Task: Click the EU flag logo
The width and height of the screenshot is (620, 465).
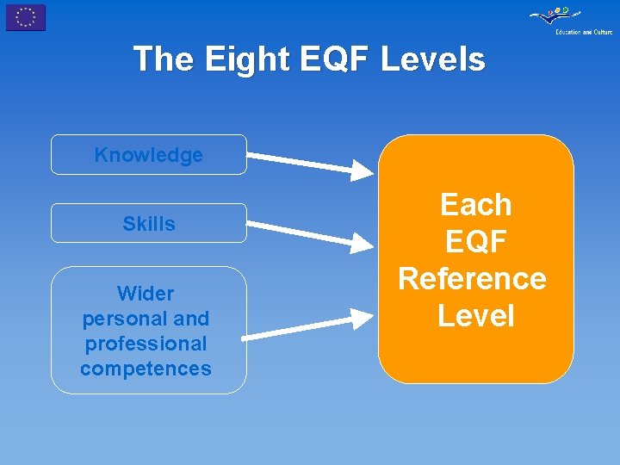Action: click(x=26, y=17)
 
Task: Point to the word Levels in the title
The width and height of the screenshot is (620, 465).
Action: click(x=433, y=59)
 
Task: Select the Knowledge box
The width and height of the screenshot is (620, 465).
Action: click(x=148, y=155)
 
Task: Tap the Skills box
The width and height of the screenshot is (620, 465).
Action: click(x=148, y=224)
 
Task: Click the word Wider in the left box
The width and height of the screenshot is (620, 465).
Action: click(x=146, y=294)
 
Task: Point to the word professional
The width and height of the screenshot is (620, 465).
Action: click(x=146, y=344)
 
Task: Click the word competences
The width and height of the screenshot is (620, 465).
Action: click(x=146, y=369)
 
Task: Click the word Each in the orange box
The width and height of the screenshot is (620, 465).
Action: click(x=475, y=205)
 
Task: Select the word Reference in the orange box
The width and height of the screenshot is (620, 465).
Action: click(x=472, y=279)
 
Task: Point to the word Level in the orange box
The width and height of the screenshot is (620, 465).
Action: click(x=475, y=316)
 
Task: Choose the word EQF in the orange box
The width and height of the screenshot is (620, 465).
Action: click(x=475, y=242)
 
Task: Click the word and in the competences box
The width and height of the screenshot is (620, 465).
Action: click(x=191, y=319)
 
